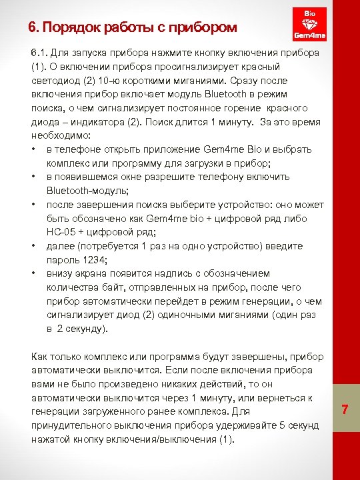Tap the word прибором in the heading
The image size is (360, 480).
pos(204,27)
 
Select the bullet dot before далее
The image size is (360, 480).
pos(33,246)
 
